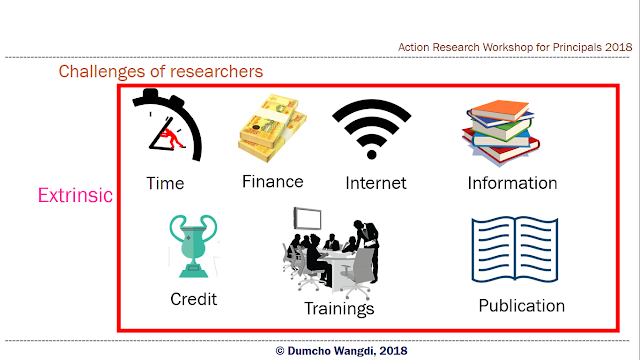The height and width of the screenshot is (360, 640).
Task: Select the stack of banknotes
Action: point(272,128)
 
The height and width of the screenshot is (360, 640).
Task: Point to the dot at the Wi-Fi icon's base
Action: point(371,155)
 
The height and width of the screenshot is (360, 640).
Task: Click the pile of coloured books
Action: point(500,132)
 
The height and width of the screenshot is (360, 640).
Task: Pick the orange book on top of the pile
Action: point(500,109)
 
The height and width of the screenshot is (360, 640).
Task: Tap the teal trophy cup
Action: point(193,246)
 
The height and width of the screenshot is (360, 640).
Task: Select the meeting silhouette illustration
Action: point(331,252)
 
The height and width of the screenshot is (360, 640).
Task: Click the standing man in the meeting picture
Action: point(368,249)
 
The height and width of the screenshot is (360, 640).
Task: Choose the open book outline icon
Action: point(515,249)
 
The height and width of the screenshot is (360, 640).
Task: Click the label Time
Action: point(165,183)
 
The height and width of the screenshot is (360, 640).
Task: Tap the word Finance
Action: point(273,182)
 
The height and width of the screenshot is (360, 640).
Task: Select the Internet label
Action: point(376,183)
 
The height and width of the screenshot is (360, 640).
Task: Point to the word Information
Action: point(512,183)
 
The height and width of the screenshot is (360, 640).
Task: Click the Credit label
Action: point(193,299)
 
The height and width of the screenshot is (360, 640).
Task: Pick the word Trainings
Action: point(339,309)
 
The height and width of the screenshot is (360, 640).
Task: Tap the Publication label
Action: point(522,306)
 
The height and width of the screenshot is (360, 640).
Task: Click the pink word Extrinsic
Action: point(75,195)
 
